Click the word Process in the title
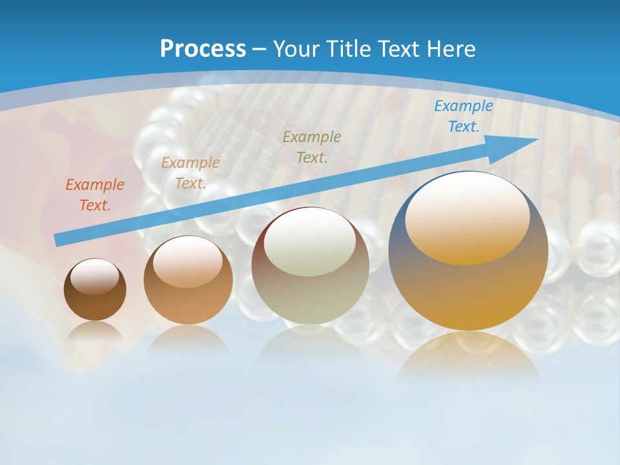pyautogui.click(x=203, y=49)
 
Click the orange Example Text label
pyautogui.click(x=95, y=195)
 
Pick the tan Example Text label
pyautogui.click(x=191, y=173)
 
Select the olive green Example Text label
pyautogui.click(x=312, y=147)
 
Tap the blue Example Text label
pyautogui.click(x=463, y=116)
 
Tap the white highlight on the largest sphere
pyautogui.click(x=467, y=216)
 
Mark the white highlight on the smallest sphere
pyautogui.click(x=95, y=276)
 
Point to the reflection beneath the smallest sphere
pyautogui.click(x=95, y=332)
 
